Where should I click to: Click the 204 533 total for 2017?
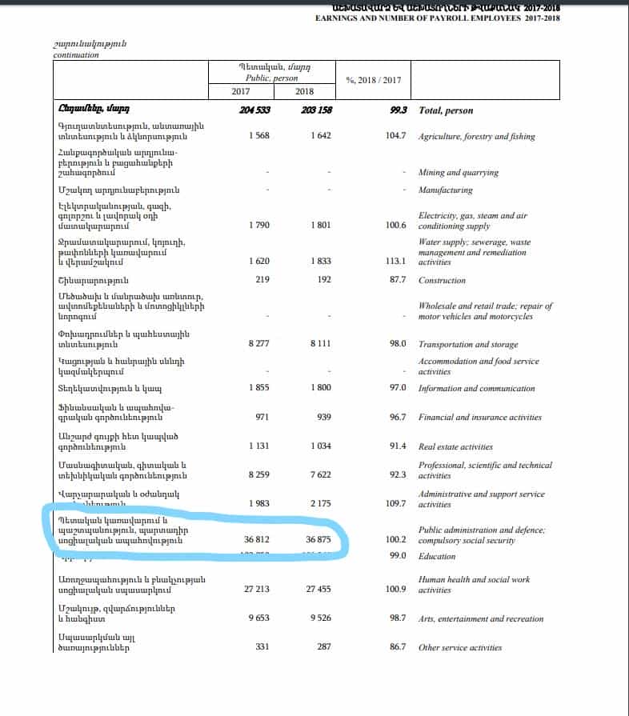[x=254, y=110]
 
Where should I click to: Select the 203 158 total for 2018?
[x=316, y=110]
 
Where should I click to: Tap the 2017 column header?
[x=240, y=92]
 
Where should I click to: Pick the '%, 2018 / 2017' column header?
[x=373, y=80]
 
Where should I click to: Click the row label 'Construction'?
[x=442, y=281]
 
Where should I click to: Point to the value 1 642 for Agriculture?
[x=320, y=137]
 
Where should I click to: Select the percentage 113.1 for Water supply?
[x=395, y=261]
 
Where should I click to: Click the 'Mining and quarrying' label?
[x=458, y=173]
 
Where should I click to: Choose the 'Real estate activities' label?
[x=455, y=446]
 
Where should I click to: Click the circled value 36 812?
[x=256, y=540]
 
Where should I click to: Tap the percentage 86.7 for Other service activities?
[x=397, y=647]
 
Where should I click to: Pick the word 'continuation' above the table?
[x=76, y=55]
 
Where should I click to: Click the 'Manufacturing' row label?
[x=445, y=190]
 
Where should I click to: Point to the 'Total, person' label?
[x=446, y=110]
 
